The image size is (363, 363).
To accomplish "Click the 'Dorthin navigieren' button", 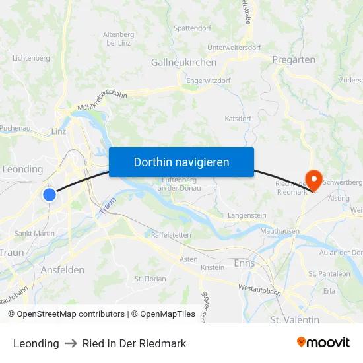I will [181, 162].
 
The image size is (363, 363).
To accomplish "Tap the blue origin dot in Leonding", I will [49, 194].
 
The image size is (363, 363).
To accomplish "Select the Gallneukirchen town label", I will [183, 62].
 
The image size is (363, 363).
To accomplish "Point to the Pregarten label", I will [293, 59].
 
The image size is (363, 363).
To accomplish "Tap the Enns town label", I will [244, 263].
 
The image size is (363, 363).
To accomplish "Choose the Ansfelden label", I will [62, 270].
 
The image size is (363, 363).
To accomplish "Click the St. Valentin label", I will [295, 320].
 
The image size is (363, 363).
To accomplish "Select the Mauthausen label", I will [280, 232].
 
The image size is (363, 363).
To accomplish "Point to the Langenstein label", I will [247, 216].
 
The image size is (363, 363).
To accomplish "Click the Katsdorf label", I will [238, 119].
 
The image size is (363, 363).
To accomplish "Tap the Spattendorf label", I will [192, 28].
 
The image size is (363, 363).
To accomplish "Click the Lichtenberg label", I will [31, 58].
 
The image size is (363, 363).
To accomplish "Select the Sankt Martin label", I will [34, 233].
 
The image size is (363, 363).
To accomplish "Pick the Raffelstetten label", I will [171, 234].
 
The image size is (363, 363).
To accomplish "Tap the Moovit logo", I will [323, 343].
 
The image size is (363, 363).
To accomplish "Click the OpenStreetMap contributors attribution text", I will [66, 314].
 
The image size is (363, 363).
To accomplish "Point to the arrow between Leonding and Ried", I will [71, 343].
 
